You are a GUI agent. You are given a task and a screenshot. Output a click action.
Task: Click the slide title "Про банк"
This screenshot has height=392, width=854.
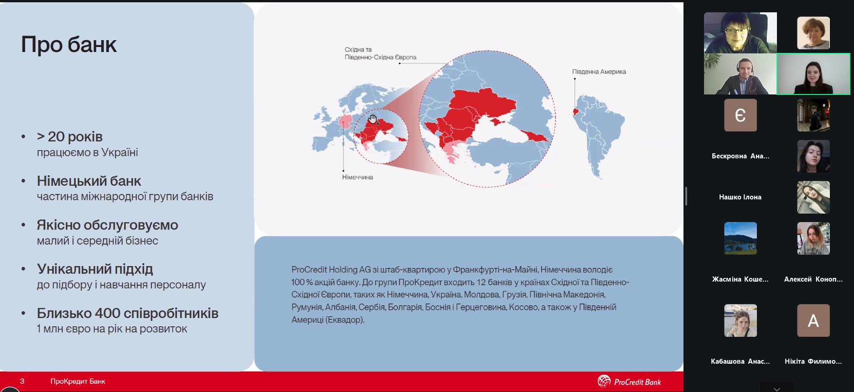point(69,45)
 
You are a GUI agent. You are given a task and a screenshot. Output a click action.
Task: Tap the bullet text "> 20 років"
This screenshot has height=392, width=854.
point(70,136)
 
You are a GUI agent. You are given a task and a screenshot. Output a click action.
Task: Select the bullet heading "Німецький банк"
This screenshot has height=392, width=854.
point(89,181)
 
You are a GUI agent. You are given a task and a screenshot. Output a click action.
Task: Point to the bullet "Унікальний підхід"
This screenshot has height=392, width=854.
point(95,269)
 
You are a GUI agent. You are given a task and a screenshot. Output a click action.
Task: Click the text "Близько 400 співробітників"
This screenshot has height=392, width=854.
point(128,313)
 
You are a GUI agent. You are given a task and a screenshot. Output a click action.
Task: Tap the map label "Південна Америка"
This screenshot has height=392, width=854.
point(599,72)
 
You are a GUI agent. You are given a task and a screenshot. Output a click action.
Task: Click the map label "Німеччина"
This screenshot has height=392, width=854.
point(357,177)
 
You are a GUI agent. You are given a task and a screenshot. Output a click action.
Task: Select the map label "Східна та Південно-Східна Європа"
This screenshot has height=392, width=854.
point(380,53)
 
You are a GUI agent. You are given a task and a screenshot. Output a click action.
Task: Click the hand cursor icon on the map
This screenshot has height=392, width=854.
point(373,120)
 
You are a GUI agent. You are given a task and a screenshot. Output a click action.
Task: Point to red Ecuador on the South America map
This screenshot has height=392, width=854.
point(576,111)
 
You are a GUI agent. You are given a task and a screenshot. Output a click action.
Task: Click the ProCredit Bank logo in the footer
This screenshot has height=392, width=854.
point(629,382)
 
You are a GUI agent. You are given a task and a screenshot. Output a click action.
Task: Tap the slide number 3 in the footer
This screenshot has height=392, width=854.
point(22,381)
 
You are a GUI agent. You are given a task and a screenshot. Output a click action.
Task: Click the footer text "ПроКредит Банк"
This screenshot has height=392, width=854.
point(78,381)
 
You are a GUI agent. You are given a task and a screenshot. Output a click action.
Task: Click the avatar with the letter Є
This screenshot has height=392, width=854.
point(740,115)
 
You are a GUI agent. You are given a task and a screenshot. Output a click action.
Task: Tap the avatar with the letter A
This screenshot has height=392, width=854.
point(813,320)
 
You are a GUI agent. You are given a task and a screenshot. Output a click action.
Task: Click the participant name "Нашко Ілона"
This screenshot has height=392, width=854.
point(740,197)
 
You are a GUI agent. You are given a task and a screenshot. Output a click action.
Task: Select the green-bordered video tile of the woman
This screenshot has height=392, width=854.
point(813,74)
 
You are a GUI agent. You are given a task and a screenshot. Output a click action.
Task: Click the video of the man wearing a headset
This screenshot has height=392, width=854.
point(740,74)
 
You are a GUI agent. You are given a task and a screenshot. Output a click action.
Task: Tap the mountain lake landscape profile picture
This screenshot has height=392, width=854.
point(740,238)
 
